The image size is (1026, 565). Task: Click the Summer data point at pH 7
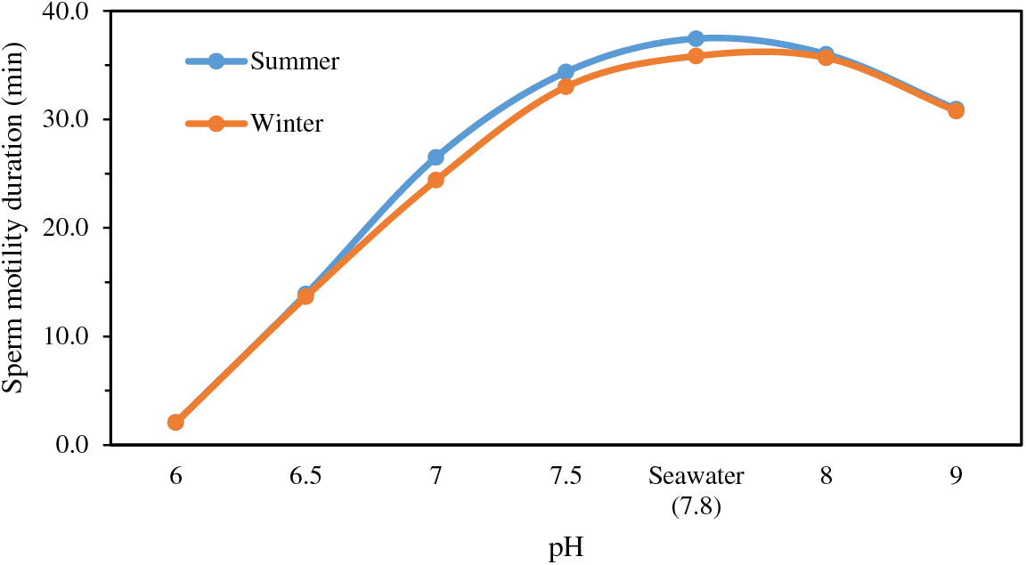pos(436,157)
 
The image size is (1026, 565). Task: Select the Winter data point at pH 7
pos(436,180)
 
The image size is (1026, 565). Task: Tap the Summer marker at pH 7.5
pos(566,72)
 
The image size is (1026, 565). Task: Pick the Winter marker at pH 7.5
pos(566,86)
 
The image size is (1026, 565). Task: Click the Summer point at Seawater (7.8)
pos(696,38)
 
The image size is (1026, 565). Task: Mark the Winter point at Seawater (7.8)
pos(696,56)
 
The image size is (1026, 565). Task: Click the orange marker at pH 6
pos(175,422)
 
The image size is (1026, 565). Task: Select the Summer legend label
pos(295,61)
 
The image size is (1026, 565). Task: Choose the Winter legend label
pos(287,123)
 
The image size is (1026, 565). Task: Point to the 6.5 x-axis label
pos(305,476)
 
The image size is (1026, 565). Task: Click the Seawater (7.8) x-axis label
pos(696,491)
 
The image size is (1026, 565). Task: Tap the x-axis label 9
pos(956,476)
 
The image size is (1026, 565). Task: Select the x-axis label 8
pos(826,476)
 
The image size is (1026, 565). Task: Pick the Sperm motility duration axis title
pos(15,228)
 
